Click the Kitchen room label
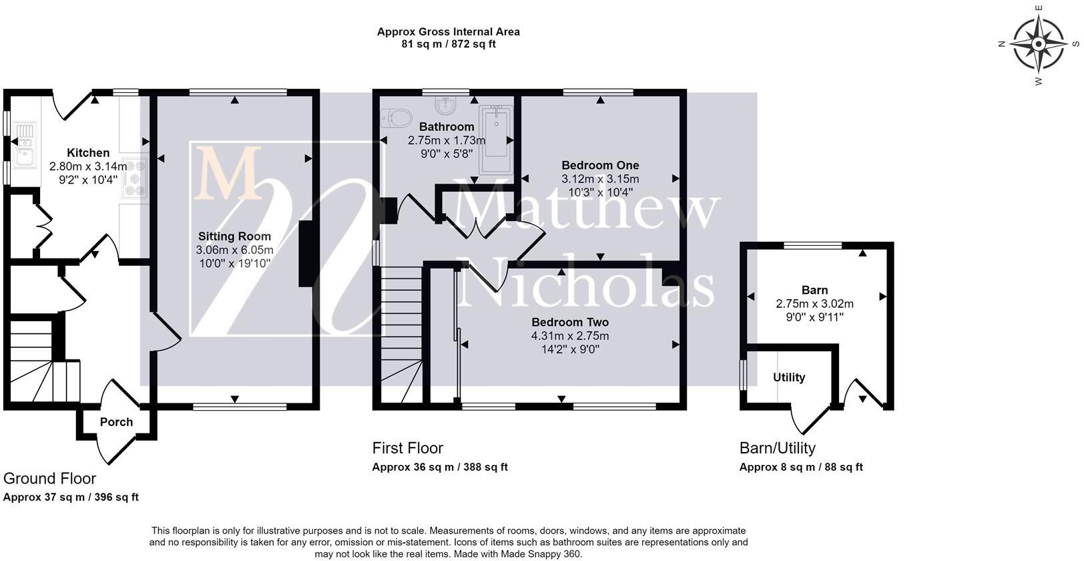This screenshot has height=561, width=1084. pyautogui.click(x=88, y=153)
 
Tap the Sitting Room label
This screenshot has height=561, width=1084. pyautogui.click(x=234, y=236)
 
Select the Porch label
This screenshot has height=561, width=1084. pyautogui.click(x=116, y=422)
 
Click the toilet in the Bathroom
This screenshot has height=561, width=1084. pyautogui.click(x=396, y=118)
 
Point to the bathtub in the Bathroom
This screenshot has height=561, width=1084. pyautogui.click(x=496, y=140)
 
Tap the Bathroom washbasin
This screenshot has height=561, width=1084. pyautogui.click(x=445, y=105)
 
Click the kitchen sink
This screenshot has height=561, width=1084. pyautogui.click(x=24, y=145)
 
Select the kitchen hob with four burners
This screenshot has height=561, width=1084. pyautogui.click(x=135, y=178)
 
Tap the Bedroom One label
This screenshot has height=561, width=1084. pyautogui.click(x=600, y=166)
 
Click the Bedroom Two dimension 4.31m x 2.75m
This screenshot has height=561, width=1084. pyautogui.click(x=570, y=335)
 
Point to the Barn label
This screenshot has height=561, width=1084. pyautogui.click(x=814, y=290)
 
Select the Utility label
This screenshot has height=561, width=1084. pyautogui.click(x=789, y=377)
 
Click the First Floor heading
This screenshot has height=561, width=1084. pyautogui.click(x=407, y=448)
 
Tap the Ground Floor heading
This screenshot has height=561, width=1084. pyautogui.click(x=49, y=479)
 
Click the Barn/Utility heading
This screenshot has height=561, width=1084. pyautogui.click(x=777, y=448)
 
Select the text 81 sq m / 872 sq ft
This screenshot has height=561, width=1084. pyautogui.click(x=449, y=44)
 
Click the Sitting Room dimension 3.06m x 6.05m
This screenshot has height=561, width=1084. pyautogui.click(x=234, y=250)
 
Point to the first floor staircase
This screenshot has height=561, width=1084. pyautogui.click(x=402, y=334)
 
